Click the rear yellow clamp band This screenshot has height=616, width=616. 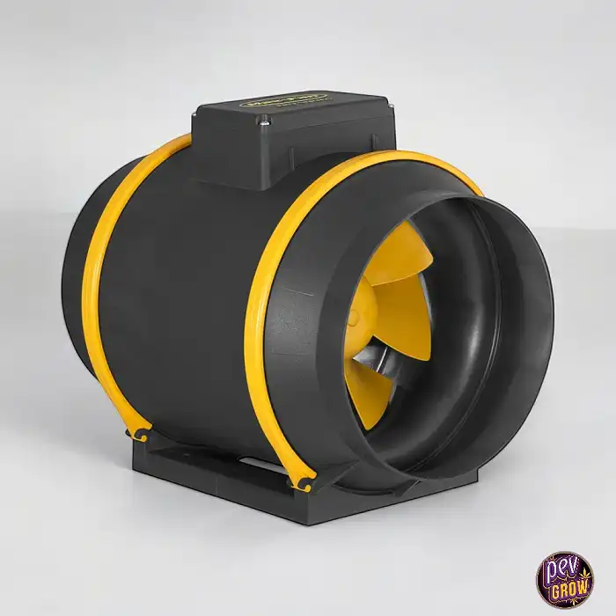pos(101,290)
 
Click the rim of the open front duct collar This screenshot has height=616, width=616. pos(537,352)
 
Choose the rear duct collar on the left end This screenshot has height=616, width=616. pos(75,290)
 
